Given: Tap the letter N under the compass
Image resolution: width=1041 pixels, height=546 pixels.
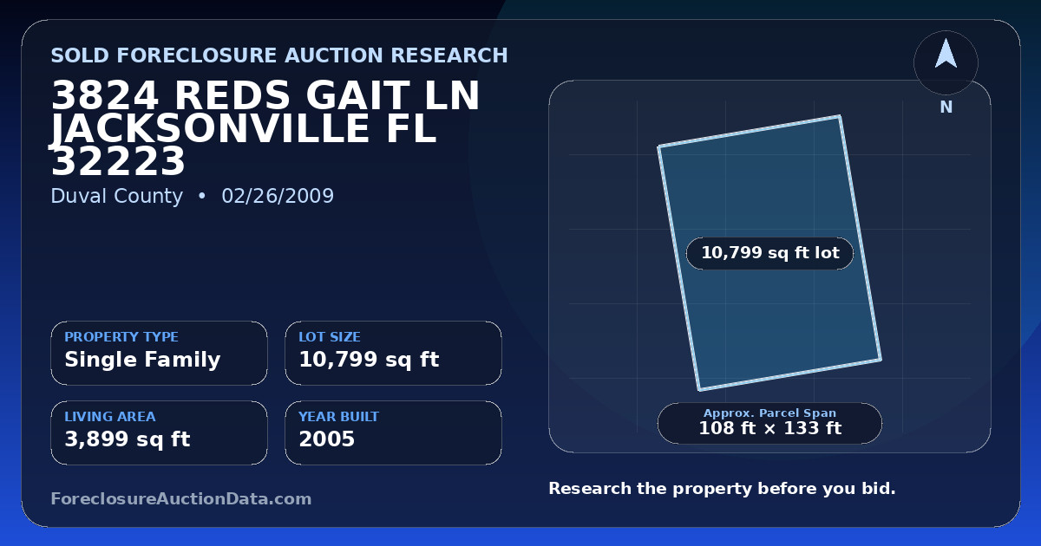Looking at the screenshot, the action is tap(946, 107).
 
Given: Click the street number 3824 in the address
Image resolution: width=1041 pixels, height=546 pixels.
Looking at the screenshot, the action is tap(105, 95).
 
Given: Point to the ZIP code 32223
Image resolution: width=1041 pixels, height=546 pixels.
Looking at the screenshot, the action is tap(118, 161).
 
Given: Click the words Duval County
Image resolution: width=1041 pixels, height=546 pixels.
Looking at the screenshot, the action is tap(116, 196).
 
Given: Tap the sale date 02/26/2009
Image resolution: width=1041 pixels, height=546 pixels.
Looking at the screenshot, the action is tap(278, 196).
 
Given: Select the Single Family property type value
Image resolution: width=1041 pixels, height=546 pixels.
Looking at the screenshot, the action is tap(142, 360).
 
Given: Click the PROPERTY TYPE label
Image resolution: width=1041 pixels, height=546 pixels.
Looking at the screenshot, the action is tap(121, 336).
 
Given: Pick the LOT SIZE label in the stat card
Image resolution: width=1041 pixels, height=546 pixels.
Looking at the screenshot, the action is tap(330, 336).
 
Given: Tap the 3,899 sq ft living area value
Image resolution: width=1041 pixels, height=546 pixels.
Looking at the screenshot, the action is tap(128, 439).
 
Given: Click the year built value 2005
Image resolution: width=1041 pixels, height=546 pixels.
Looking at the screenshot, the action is tap(327, 439).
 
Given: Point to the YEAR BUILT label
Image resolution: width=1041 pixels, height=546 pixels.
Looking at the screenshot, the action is tap(339, 417).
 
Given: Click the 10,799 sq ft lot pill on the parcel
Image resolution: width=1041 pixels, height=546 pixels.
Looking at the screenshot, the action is tap(769, 253).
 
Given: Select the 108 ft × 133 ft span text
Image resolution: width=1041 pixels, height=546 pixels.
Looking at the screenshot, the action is tap(770, 428).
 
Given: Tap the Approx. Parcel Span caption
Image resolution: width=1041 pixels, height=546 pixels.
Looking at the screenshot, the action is tap(770, 413).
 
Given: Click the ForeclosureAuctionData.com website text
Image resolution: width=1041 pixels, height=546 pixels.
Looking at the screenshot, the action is tap(180, 498).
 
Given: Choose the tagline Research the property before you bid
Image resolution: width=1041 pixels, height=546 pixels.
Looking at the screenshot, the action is tap(722, 489).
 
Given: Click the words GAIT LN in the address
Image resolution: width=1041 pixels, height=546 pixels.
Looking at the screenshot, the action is tap(392, 95).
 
